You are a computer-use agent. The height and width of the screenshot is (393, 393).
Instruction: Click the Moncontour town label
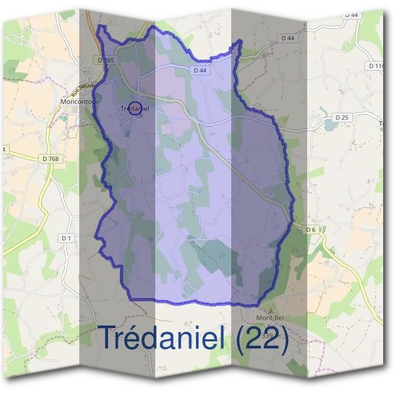[x=77, y=102]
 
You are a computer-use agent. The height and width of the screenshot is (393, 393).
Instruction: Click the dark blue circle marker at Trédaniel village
[x=135, y=109]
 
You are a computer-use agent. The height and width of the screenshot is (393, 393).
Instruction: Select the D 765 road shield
[x=105, y=60]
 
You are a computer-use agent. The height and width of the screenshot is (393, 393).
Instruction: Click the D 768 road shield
[x=50, y=157]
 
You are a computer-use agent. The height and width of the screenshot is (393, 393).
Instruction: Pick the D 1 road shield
[x=66, y=238]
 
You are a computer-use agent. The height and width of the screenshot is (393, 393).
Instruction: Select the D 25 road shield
[x=341, y=117]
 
